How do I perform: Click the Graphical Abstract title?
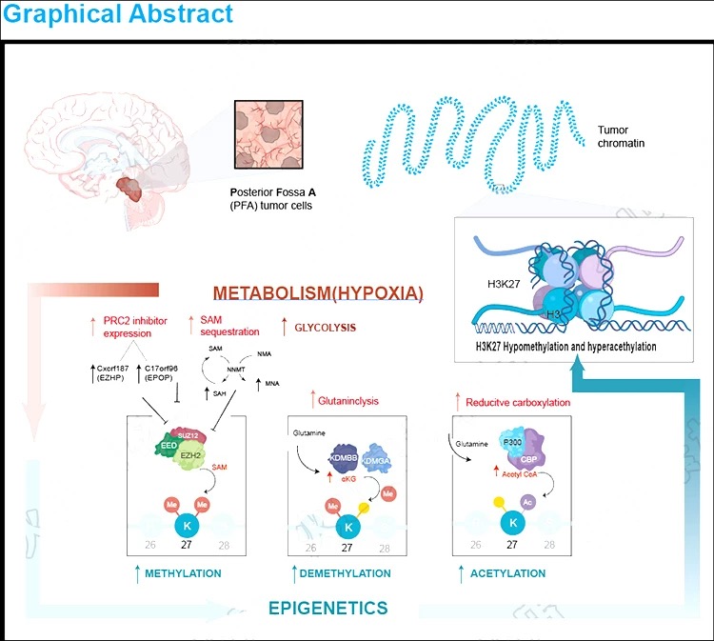click(116, 15)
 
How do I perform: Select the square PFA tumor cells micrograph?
click(269, 133)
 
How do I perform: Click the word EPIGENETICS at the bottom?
click(327, 608)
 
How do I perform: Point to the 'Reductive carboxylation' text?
click(518, 403)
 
